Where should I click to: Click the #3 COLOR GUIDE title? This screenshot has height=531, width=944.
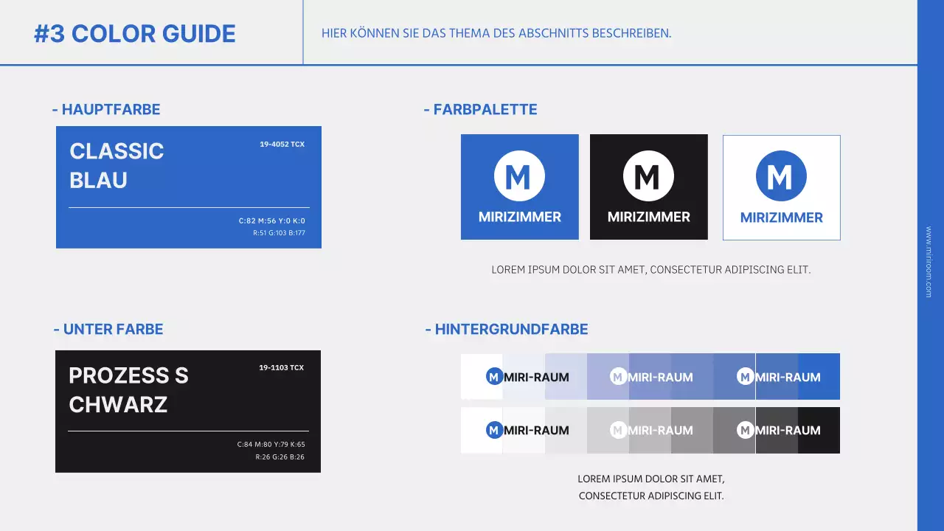tap(135, 34)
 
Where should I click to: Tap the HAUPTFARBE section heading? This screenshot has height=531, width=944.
tap(106, 110)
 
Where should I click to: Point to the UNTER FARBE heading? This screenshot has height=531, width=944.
tap(108, 330)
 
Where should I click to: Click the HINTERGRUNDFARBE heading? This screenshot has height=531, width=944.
tap(507, 330)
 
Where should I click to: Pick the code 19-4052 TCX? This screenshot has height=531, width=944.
tap(282, 145)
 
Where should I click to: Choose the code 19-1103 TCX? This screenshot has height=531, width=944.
tap(281, 368)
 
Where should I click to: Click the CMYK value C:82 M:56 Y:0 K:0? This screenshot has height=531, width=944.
tap(271, 221)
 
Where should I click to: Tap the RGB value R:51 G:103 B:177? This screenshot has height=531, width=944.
tap(278, 233)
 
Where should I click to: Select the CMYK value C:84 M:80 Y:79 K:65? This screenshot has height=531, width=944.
tap(271, 445)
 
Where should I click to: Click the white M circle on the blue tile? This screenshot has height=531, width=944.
tap(519, 176)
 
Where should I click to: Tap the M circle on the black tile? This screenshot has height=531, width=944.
tap(648, 176)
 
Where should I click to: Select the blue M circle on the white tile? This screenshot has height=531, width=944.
tap(781, 176)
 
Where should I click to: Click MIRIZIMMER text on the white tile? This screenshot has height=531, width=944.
tap(781, 218)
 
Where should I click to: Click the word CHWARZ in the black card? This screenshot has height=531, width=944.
tap(118, 405)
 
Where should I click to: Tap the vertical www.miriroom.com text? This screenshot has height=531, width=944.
tap(929, 262)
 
